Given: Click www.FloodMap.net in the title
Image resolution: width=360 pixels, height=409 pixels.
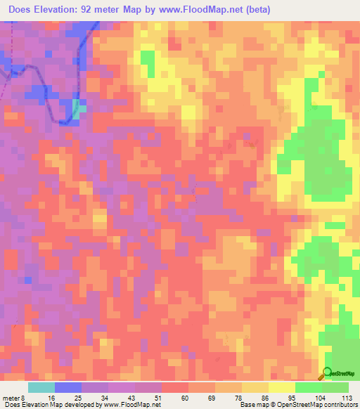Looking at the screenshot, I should tap(198, 10).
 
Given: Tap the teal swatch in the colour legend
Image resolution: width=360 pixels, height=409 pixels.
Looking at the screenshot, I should tap(41, 387).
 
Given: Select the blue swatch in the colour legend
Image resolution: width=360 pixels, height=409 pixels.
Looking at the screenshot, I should tap(68, 387).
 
